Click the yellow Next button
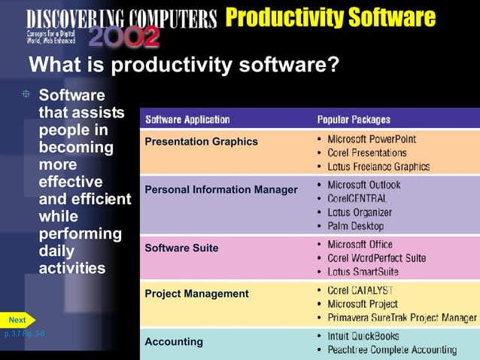(17, 320)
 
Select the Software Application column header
(187, 120)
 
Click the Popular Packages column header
(354, 120)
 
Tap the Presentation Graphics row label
(201, 142)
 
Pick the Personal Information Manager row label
(221, 190)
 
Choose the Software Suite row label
(181, 247)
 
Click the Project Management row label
(196, 294)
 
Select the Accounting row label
(174, 342)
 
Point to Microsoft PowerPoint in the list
(372, 139)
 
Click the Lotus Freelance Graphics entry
(378, 166)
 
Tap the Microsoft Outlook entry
(364, 185)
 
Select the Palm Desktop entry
(355, 226)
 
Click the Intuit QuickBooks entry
(363, 336)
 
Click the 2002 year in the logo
(124, 37)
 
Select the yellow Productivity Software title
(330, 17)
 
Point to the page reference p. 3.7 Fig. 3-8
(24, 333)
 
